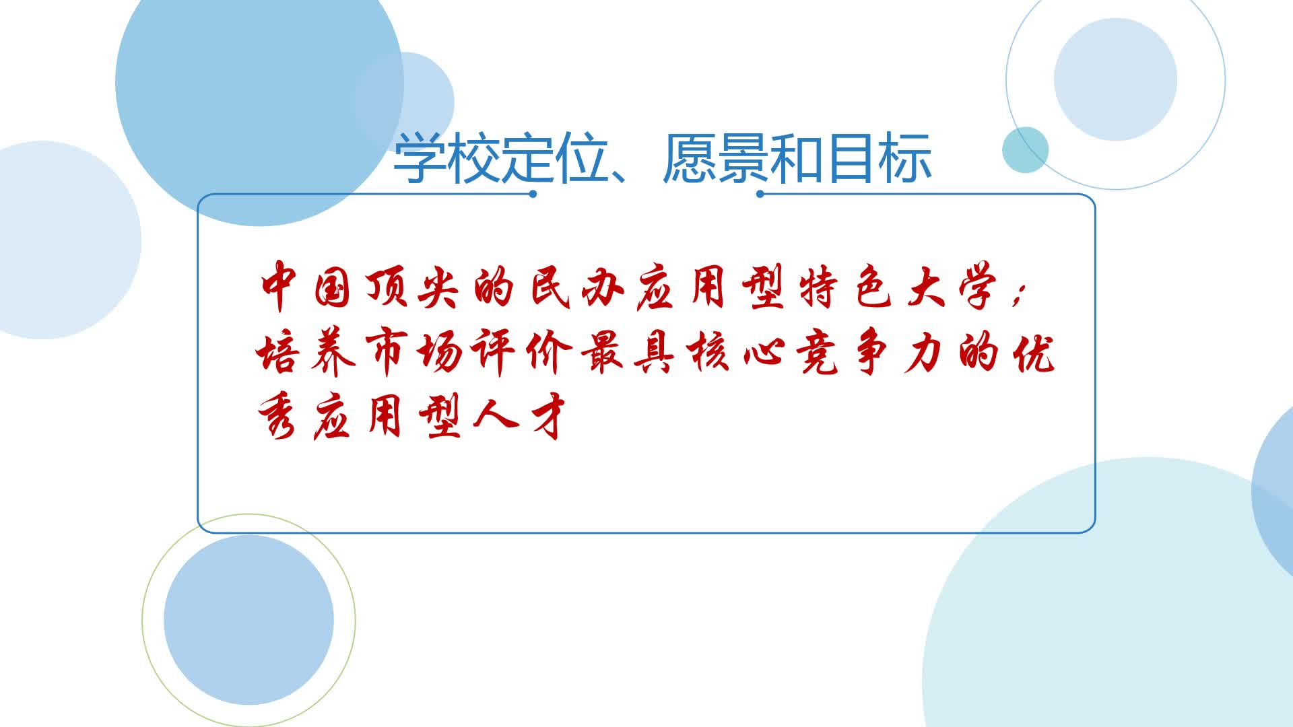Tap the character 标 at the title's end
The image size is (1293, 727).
point(906,158)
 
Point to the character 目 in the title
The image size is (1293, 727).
point(852,158)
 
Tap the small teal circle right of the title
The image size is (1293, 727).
point(1026,149)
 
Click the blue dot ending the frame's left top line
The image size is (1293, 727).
point(533,194)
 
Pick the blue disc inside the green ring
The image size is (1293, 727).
point(248,620)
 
